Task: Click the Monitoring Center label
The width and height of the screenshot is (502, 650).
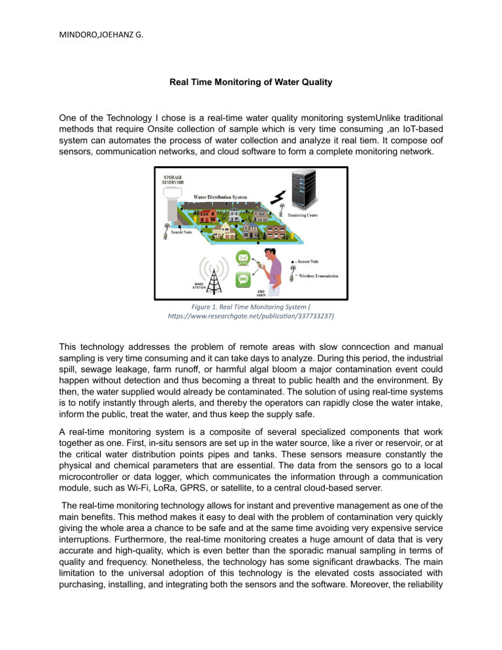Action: pyautogui.click(x=307, y=215)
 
